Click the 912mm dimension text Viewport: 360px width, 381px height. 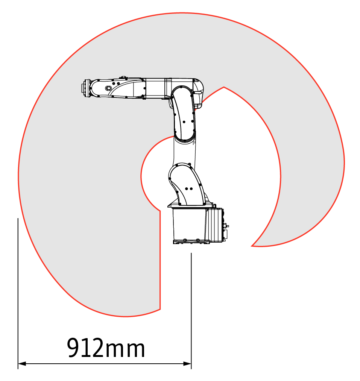(x=106, y=348)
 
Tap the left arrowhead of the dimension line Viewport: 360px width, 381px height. (x=22, y=364)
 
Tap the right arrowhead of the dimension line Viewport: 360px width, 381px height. (x=187, y=364)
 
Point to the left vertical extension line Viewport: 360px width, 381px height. (x=18, y=293)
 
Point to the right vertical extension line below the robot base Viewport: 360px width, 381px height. (x=191, y=311)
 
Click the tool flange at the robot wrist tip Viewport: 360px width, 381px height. (x=85, y=88)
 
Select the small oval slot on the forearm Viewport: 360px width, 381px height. (x=108, y=88)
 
